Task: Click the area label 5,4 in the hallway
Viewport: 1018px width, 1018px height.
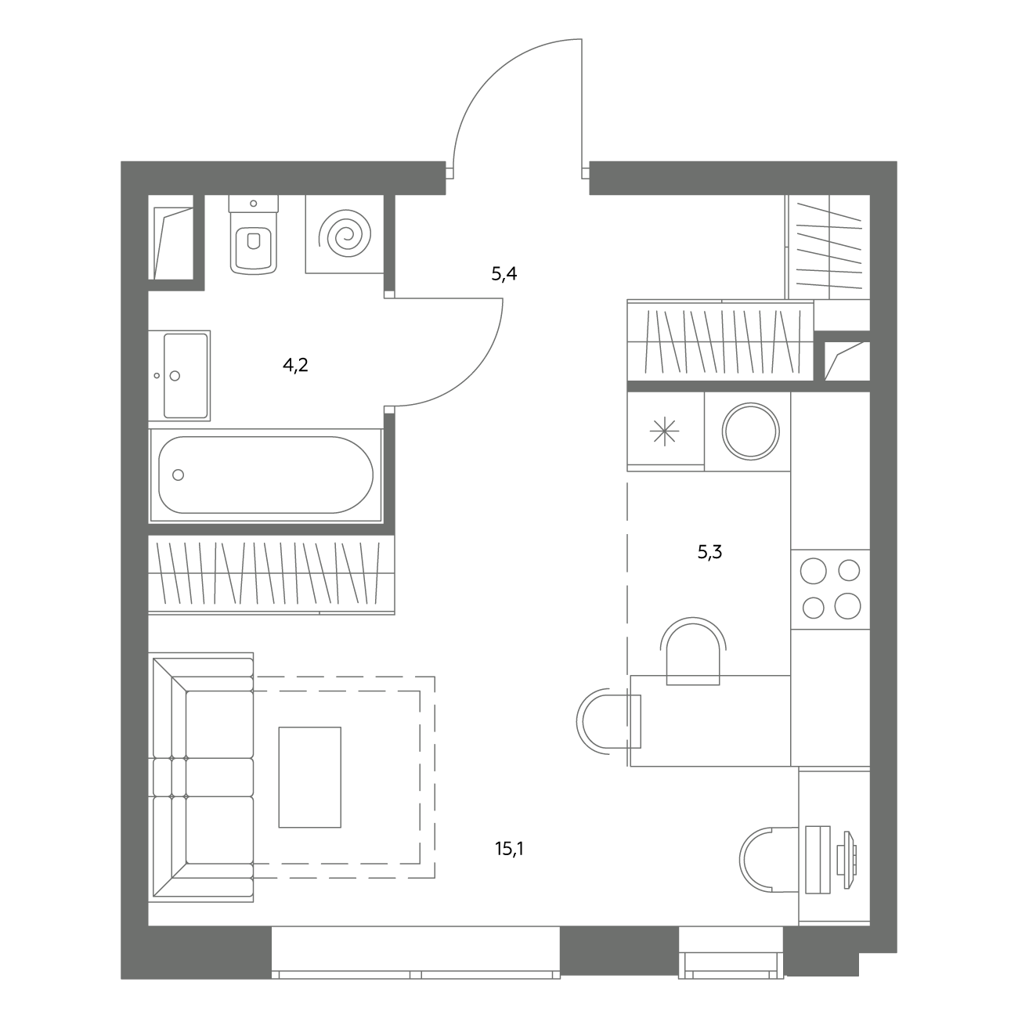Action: [x=504, y=274]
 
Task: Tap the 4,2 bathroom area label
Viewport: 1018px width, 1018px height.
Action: [x=295, y=365]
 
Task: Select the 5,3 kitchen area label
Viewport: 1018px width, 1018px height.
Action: [x=709, y=552]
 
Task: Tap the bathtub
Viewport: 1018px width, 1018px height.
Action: [x=265, y=475]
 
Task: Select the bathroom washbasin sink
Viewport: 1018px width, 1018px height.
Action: [x=179, y=376]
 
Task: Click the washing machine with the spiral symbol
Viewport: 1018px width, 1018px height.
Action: [x=345, y=234]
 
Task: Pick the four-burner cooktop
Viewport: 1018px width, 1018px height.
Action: [x=831, y=589]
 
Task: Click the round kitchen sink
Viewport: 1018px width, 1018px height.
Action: [x=750, y=431]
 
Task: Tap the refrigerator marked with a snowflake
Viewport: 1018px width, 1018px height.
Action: [x=665, y=431]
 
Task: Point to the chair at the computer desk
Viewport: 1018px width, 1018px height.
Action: [x=769, y=860]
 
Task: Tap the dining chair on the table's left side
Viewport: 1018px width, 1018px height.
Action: [x=608, y=721]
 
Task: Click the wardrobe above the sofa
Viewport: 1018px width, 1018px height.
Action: [x=272, y=575]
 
